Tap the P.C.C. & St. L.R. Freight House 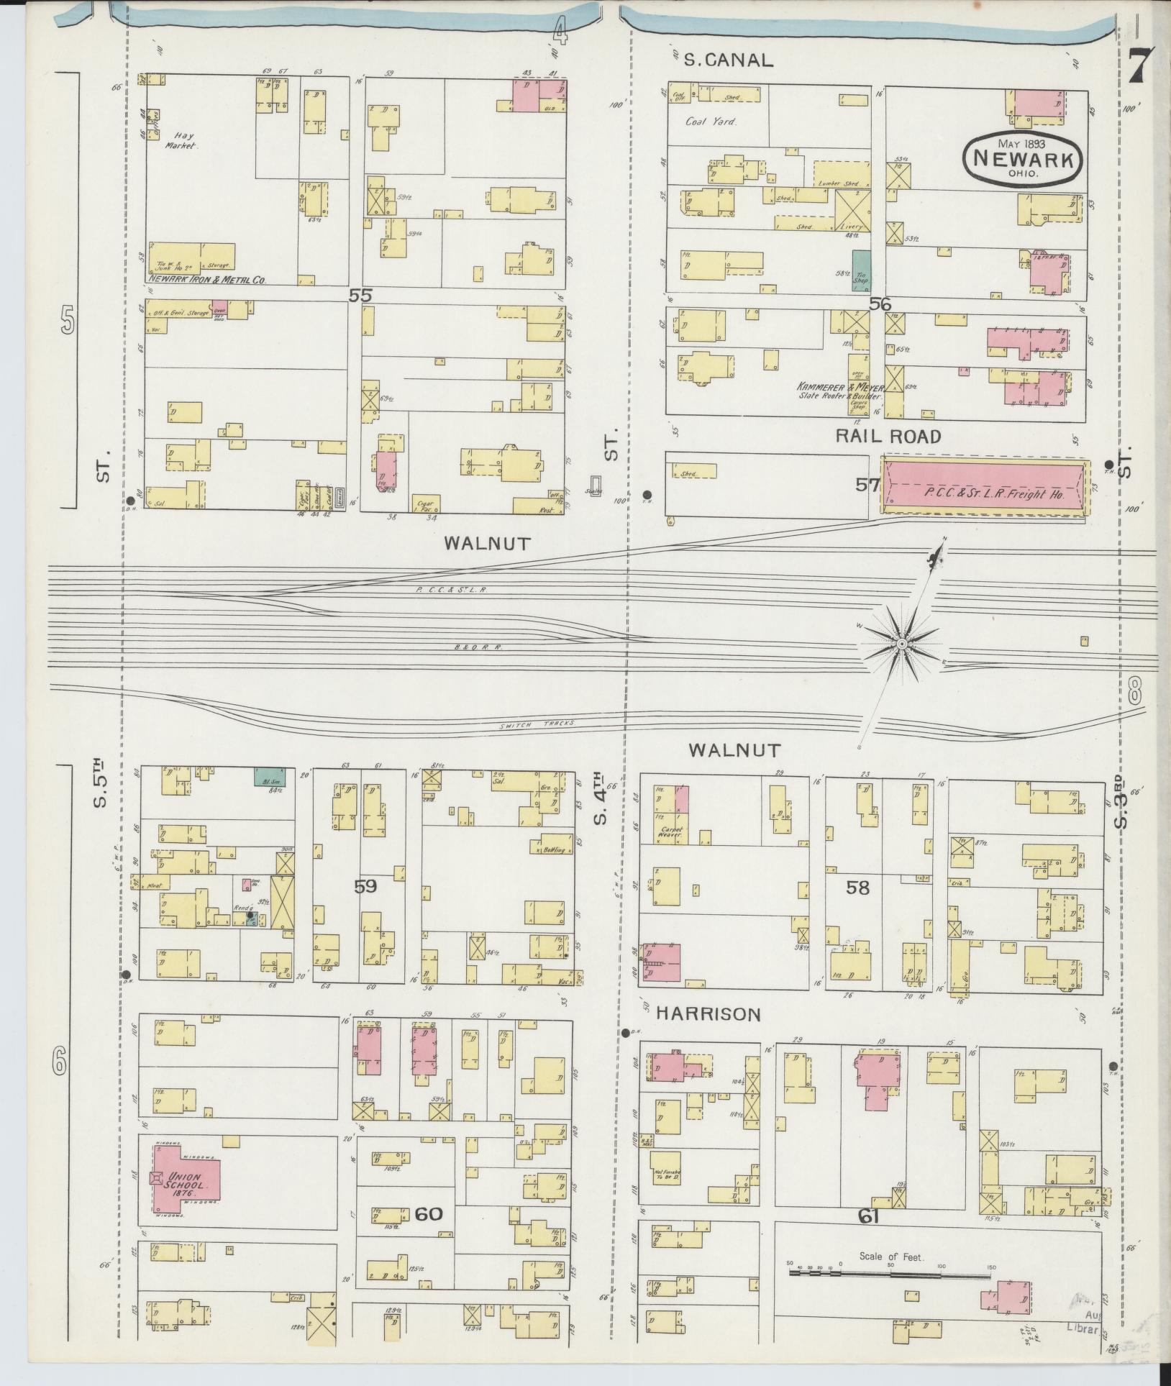983,486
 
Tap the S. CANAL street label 728,60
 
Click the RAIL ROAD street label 888,436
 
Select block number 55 360,295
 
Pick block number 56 880,304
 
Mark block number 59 366,886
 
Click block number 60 428,1213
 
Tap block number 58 857,888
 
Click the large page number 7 1141,65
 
